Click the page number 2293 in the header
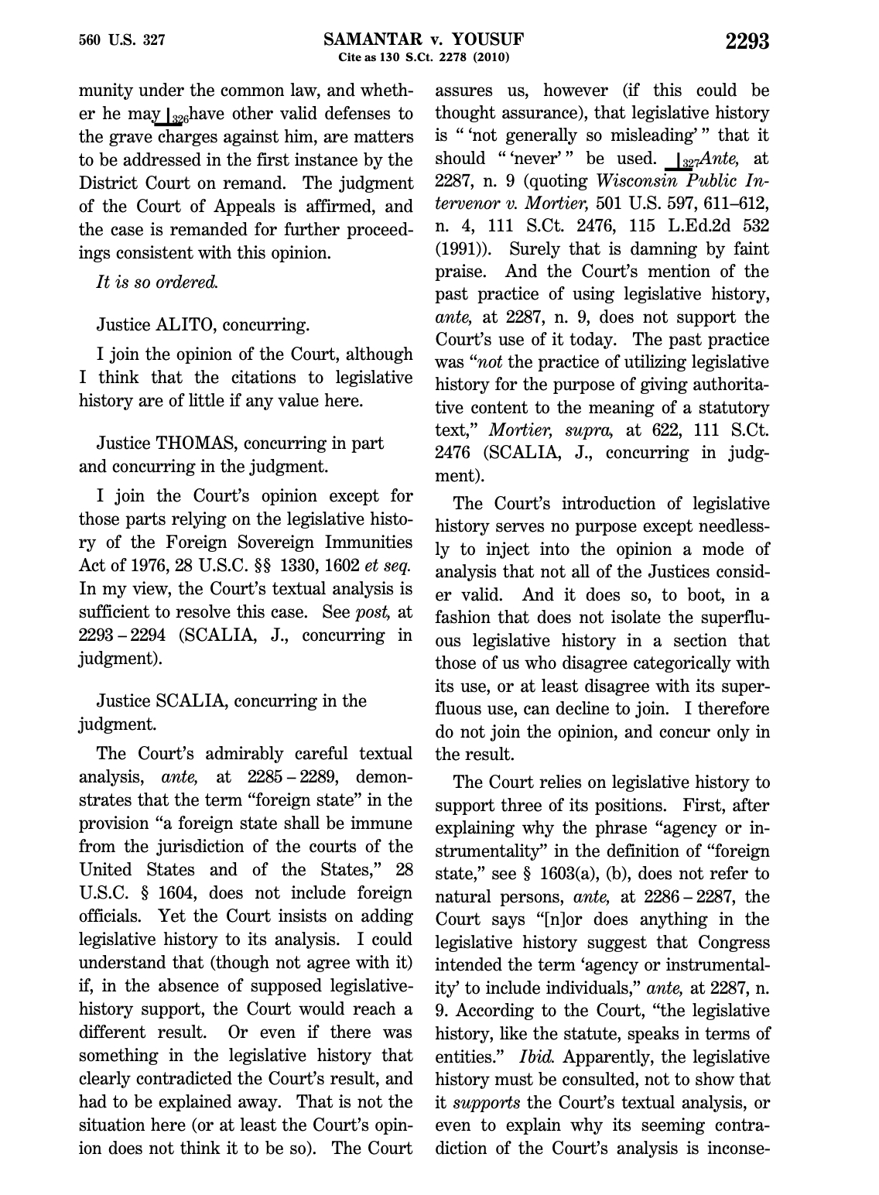(x=747, y=41)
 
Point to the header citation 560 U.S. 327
(x=122, y=40)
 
